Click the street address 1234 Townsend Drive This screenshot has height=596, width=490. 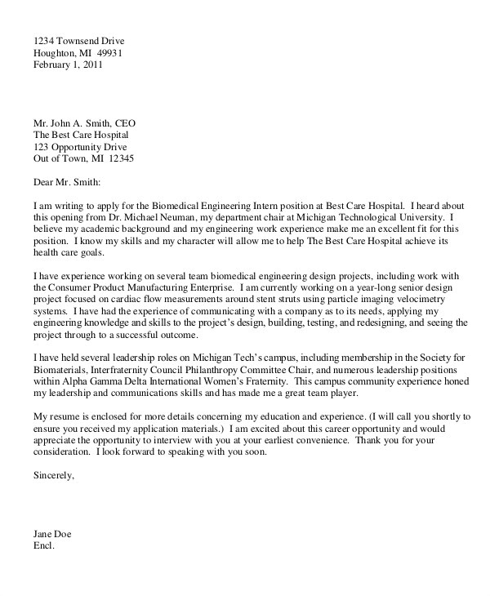[x=79, y=41]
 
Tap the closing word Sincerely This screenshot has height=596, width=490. [x=52, y=473]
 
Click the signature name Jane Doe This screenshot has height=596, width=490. [x=52, y=534]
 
